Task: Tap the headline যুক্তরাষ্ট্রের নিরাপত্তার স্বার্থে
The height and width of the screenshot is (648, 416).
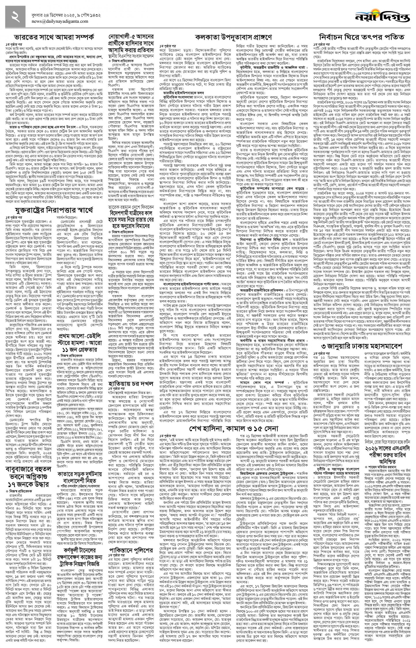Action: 54,210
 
